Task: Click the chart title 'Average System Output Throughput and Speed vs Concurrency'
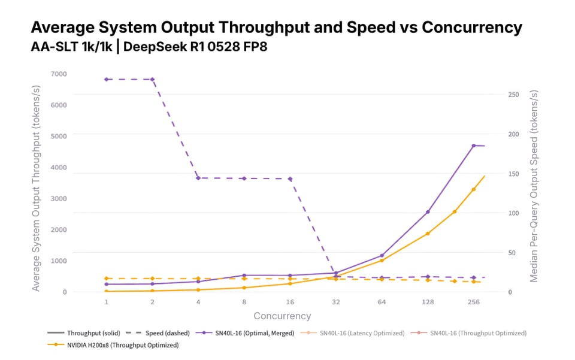[x=276, y=28]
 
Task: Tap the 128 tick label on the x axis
[x=427, y=302]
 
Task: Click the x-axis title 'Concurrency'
[x=282, y=316]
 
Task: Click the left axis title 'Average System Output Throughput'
[x=37, y=189]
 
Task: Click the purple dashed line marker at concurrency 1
[x=107, y=79]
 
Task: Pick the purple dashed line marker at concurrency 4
[x=198, y=178]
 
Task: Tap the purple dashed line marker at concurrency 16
[x=290, y=179]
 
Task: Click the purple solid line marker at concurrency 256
[x=473, y=146]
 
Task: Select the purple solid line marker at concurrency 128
[x=427, y=212]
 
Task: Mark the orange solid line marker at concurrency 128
[x=427, y=234]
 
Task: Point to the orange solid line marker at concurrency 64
[x=382, y=260]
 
